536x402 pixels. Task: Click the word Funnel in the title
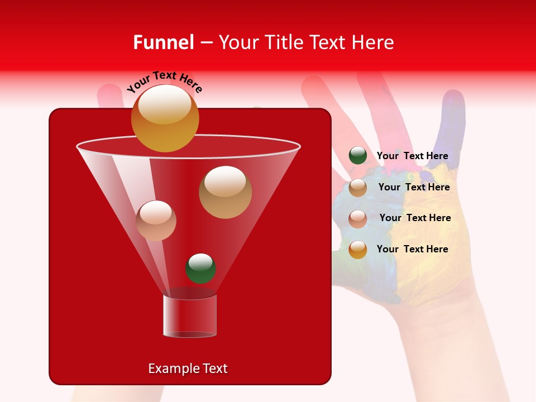[163, 42]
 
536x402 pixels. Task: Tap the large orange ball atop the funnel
[165, 118]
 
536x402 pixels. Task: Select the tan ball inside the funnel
[225, 192]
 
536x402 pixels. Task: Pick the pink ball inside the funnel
[156, 221]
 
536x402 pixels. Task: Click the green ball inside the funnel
[200, 268]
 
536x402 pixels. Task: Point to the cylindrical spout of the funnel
[190, 316]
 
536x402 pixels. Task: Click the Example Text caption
[188, 368]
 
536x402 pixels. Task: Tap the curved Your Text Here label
[165, 82]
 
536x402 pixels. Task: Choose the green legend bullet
[358, 156]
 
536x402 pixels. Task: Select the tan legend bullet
[358, 188]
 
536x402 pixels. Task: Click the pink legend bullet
[358, 219]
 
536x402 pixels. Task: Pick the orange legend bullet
[358, 250]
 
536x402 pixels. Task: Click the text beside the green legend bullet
[412, 156]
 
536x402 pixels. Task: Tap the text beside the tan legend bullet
[414, 188]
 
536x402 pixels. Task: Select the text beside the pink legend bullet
[415, 218]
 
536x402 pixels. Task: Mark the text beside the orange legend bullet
[412, 249]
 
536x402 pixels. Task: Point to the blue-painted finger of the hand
[452, 123]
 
